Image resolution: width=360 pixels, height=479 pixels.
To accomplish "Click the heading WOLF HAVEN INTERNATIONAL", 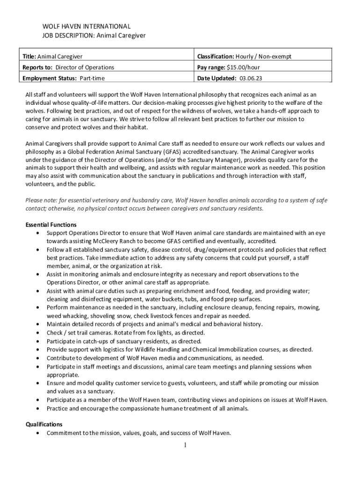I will click(86, 26).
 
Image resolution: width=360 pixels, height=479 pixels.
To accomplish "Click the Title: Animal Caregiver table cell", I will click(53, 57).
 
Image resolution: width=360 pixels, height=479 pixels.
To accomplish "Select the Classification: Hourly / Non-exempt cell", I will click(244, 57).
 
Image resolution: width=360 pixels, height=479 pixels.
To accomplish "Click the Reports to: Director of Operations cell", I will click(68, 67).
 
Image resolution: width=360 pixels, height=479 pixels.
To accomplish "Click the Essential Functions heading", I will click(51, 225).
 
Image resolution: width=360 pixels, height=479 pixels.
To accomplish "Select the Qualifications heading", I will click(43, 424).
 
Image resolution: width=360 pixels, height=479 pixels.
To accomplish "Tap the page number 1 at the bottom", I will click(186, 445).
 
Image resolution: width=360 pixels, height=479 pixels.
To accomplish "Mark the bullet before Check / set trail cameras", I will click(37, 333).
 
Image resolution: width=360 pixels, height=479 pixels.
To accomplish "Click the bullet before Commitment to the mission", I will click(37, 433).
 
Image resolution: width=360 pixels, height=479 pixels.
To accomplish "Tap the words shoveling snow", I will click(101, 316).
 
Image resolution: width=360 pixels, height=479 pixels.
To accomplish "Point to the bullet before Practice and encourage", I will click(37, 408).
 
